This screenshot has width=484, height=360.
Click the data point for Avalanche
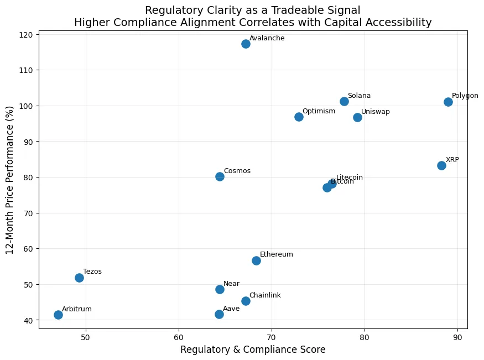pos(246,44)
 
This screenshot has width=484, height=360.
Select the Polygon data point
pos(448,102)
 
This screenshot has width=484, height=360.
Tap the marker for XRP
pos(441,165)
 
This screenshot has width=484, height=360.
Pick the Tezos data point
pos(79,278)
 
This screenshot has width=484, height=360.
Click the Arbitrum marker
pos(58,315)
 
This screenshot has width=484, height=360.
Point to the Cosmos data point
pos(220,176)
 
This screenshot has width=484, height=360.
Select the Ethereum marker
pos(256,260)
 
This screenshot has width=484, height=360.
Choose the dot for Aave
pos(219,314)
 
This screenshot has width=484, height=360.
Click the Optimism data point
pos(299,117)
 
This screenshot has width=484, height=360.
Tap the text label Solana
pos(359,96)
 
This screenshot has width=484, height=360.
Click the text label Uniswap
pos(375,112)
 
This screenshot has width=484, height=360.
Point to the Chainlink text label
pos(265,295)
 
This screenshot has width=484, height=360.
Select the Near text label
pos(231,284)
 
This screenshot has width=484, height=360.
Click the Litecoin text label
pos(350,178)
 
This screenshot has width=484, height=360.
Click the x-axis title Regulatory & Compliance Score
pos(253,349)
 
